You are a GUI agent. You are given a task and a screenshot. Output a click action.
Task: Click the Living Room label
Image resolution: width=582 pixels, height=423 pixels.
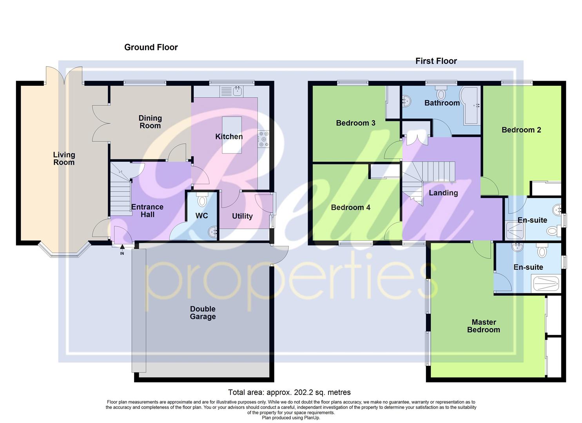point(64,159)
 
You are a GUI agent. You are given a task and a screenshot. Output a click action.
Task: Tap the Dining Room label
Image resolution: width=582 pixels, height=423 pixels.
point(150,122)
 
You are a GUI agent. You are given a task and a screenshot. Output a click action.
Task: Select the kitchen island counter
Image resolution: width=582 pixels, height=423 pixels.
point(232,135)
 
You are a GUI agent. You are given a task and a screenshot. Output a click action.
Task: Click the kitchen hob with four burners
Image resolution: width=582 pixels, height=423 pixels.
point(263,139)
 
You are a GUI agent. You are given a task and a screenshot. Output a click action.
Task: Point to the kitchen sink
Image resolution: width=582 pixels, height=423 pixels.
point(237,91)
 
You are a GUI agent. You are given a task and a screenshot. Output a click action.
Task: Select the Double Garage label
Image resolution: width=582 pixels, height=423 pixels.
point(203,313)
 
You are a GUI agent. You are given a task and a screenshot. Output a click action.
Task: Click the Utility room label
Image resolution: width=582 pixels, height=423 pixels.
point(242,216)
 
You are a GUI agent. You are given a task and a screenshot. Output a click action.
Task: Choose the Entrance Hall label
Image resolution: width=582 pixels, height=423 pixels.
point(147,211)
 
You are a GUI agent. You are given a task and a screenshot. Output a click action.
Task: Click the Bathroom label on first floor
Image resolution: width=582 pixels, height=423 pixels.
point(442,103)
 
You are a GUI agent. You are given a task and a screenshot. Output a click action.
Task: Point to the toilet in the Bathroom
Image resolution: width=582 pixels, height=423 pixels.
point(441,94)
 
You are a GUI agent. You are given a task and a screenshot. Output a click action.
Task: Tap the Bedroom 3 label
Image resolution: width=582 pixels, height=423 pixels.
point(355,123)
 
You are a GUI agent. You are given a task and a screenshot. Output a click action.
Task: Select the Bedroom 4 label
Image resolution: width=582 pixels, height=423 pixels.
point(350,208)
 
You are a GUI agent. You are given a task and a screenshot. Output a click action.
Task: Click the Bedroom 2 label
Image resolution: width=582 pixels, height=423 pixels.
point(521,130)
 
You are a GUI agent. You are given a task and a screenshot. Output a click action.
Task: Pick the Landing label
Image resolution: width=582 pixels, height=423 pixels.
point(443,193)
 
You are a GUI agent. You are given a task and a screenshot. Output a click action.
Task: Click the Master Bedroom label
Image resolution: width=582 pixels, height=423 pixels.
point(484,326)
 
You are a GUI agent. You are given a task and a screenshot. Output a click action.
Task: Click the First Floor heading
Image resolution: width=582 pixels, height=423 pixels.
point(436,61)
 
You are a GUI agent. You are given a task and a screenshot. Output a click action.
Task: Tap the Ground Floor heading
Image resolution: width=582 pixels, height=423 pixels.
point(151,47)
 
